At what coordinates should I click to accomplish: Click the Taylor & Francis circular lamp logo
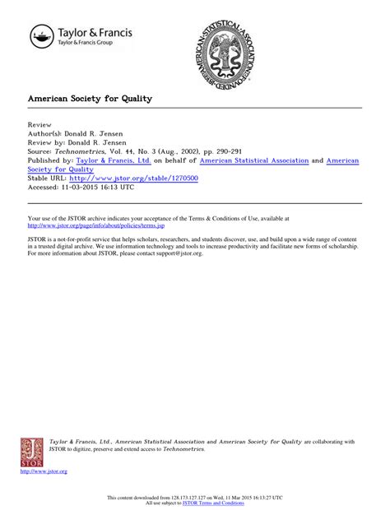pos(41,38)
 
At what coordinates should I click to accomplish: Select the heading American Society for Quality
pos(91,99)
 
